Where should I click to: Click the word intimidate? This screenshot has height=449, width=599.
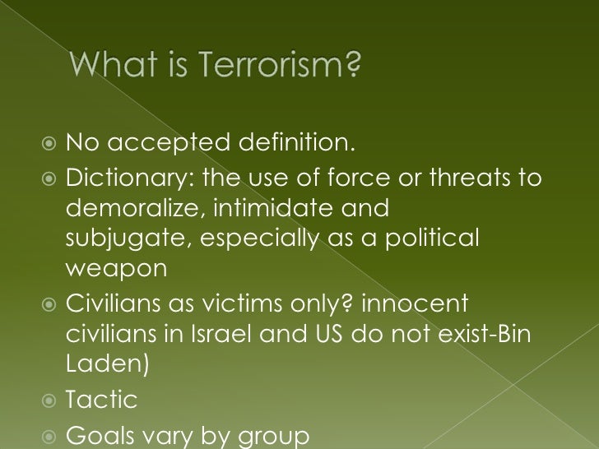pyautogui.click(x=261, y=209)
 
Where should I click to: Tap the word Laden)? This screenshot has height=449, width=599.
pyautogui.click(x=106, y=365)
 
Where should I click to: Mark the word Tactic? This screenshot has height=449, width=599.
pyautogui.click(x=101, y=400)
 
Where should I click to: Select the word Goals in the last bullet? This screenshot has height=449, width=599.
pyautogui.click(x=97, y=434)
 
